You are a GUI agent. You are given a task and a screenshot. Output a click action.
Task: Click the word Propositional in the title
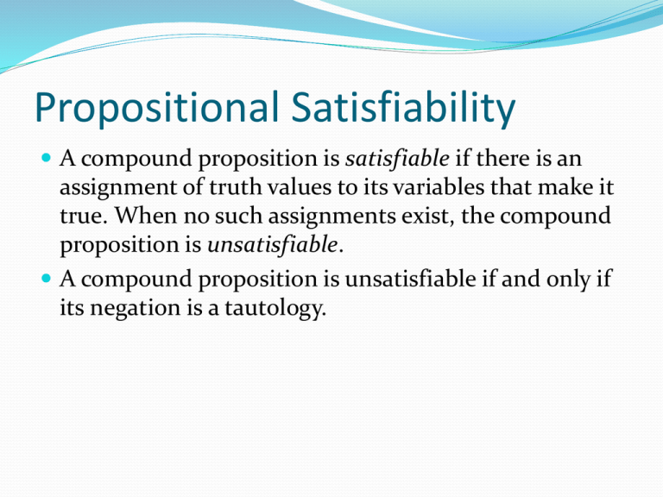[x=156, y=107]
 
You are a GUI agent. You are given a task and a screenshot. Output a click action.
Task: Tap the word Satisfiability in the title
[x=403, y=107]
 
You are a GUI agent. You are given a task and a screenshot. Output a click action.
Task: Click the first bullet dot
[x=46, y=158]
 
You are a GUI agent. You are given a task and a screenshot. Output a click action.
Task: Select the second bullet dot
[x=46, y=279]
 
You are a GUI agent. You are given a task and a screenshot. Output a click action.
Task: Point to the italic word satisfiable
[x=397, y=159]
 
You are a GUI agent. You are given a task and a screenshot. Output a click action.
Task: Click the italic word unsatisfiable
[x=273, y=245]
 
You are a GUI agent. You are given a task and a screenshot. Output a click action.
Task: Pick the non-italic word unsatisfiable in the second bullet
[x=410, y=279]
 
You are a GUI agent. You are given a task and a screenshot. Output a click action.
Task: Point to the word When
[x=145, y=216]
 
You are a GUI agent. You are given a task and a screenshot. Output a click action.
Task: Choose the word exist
[x=427, y=217]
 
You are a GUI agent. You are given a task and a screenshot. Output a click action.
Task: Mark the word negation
[x=136, y=308]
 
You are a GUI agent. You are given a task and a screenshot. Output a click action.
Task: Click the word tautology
[x=275, y=308]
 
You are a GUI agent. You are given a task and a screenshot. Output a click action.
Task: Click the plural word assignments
[x=331, y=217]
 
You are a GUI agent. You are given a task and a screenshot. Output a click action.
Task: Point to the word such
[x=238, y=216]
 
